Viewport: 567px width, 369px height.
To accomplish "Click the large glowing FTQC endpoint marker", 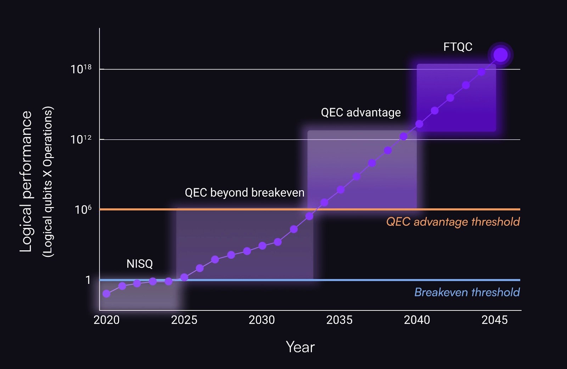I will [x=500, y=55].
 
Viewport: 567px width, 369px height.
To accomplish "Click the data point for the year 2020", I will [x=106, y=293].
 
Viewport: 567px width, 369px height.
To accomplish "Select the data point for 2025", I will [x=184, y=277].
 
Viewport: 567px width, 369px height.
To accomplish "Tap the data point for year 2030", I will [x=262, y=246].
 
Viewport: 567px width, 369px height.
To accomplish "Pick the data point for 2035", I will [x=341, y=190].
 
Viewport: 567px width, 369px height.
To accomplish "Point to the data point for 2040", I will [x=419, y=124].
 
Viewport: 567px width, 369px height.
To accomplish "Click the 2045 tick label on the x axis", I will [x=494, y=320].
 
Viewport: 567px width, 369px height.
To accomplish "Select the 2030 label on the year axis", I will [x=262, y=320].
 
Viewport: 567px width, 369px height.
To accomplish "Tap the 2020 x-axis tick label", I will [x=106, y=320].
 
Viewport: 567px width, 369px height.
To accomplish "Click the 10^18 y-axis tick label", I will [x=81, y=69].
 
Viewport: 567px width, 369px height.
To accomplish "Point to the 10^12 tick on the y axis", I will [x=81, y=139].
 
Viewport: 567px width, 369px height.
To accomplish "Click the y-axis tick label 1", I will [x=88, y=280].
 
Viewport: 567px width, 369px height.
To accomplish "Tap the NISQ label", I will [x=140, y=264].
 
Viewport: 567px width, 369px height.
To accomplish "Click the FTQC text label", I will [x=457, y=47].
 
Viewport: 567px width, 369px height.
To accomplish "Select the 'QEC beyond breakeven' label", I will [x=245, y=192].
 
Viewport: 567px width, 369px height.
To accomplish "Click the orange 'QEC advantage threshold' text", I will [x=453, y=222].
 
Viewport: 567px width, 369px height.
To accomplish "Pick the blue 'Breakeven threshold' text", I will [x=467, y=292].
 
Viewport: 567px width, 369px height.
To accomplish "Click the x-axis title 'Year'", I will [x=300, y=347].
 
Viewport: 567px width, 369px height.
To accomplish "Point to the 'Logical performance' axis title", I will [x=26, y=181].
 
